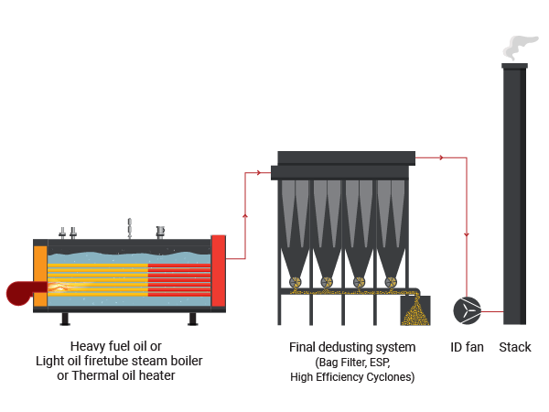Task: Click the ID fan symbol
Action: [467, 310]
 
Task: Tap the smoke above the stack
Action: [520, 48]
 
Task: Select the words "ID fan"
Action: [467, 347]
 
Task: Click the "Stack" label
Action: [514, 347]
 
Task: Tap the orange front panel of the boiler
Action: [40, 276]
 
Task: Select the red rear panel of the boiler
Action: [219, 271]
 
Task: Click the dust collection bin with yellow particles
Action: [415, 310]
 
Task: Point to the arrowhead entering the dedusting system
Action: [258, 172]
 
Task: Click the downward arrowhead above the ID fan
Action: [467, 234]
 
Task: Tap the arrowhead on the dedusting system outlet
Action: [442, 157]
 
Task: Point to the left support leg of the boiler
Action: [65, 319]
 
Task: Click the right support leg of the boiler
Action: [193, 319]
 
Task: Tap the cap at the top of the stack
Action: [514, 66]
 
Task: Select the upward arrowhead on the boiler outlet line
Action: [245, 216]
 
